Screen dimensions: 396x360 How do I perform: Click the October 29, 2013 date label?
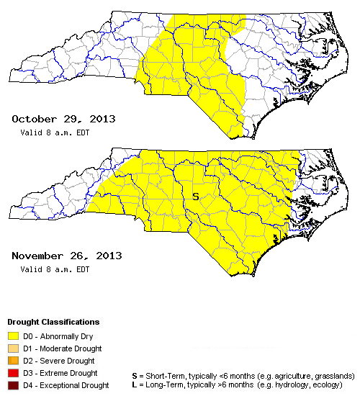(63, 119)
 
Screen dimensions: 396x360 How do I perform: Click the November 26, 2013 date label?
(66, 256)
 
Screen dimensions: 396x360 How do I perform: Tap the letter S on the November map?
(194, 196)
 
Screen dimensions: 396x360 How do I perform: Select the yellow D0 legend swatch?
(13, 335)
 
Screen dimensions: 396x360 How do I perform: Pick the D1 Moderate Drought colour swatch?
(13, 348)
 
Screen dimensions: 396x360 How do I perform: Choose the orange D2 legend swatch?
(13, 360)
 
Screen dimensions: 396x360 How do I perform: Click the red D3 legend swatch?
(13, 373)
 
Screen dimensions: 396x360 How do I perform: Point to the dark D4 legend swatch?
(13, 385)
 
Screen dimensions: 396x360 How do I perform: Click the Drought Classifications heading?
(53, 322)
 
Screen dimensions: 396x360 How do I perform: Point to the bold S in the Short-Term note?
(135, 376)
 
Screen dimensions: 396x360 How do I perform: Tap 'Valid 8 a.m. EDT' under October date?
(54, 132)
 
